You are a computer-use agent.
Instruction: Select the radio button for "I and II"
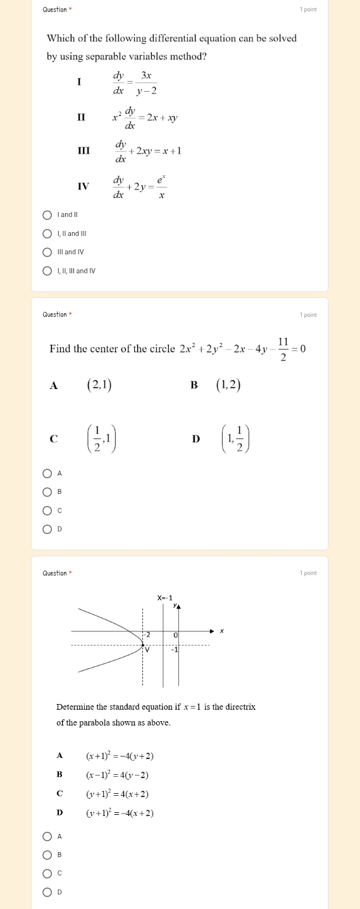47,215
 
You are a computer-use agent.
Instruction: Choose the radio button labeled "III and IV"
47,252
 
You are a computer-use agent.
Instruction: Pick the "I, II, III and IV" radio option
47,271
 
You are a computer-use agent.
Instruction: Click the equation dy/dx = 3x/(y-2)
135,82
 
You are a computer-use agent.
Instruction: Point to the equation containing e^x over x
140,186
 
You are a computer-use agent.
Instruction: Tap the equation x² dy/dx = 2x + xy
145,117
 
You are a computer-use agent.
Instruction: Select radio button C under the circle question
47,510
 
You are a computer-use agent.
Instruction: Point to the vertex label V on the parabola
147,649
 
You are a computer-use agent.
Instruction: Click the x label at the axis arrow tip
221,631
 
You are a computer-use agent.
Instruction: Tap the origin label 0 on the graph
176,634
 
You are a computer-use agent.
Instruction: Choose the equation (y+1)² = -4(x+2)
120,813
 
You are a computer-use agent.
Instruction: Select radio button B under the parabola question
47,855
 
